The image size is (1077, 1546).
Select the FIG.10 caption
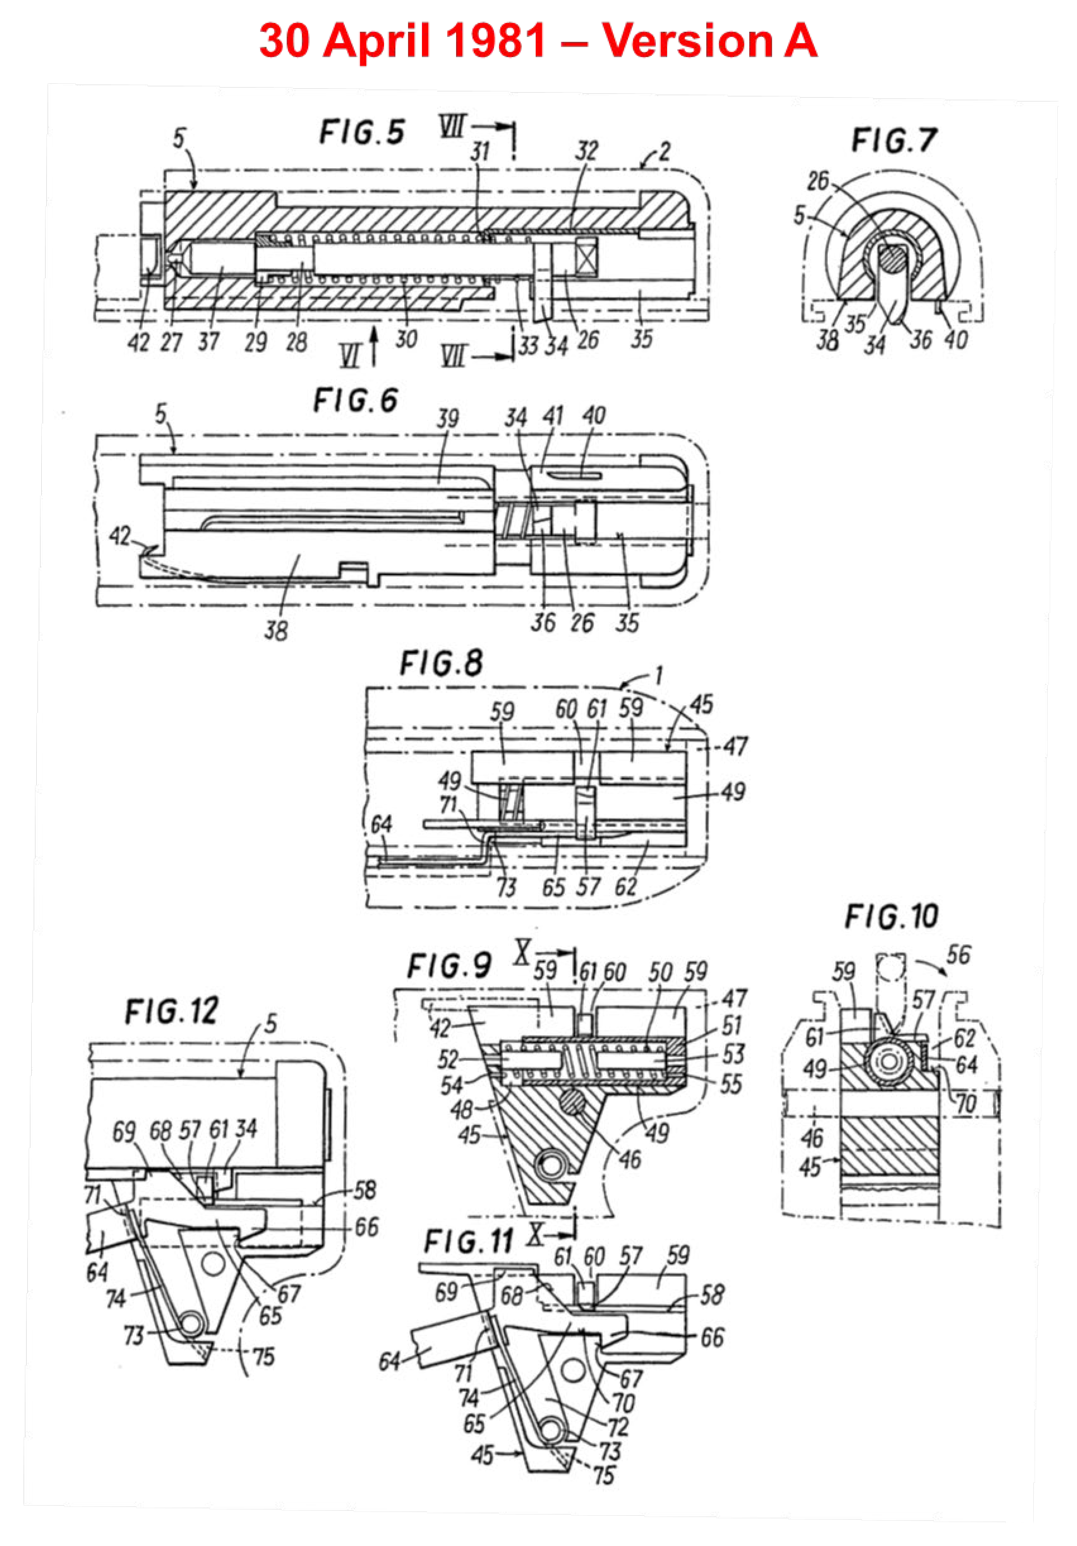[x=891, y=917]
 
